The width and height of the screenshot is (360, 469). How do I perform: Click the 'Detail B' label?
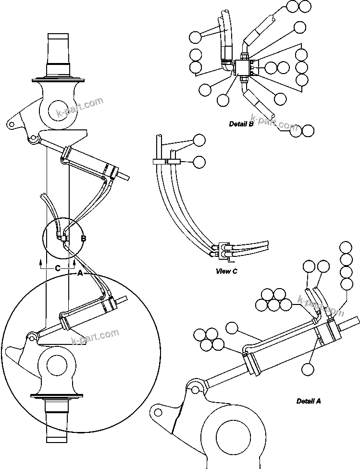[241, 124]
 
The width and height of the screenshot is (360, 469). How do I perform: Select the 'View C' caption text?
[226, 271]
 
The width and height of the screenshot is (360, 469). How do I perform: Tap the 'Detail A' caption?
[309, 401]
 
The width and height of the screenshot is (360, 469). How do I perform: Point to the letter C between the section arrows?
[57, 269]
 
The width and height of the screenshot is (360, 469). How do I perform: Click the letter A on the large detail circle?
[80, 272]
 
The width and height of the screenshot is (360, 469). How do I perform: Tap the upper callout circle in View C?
[199, 140]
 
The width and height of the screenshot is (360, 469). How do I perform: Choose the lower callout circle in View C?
[199, 163]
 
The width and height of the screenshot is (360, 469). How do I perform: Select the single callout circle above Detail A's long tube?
[232, 328]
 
